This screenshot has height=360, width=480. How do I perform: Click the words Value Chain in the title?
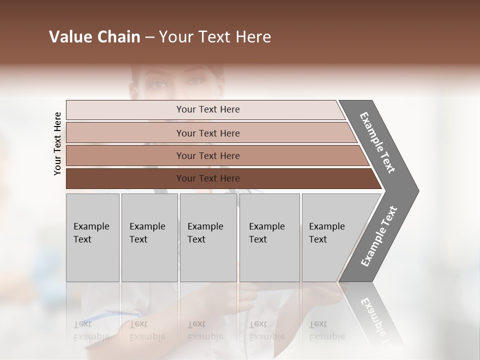94,37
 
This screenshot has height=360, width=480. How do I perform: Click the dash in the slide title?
149,37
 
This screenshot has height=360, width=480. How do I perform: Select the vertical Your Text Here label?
57,144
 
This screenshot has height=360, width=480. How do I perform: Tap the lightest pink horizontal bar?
205,110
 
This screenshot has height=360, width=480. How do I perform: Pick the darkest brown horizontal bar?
220,178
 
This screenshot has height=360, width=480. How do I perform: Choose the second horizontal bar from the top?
210,133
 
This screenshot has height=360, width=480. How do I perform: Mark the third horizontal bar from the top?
215,155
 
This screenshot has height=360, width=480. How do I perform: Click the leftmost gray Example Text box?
92,237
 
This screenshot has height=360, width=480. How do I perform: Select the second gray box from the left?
149,237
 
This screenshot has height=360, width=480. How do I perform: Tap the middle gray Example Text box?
208,237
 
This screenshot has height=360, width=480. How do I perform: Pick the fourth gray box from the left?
269,237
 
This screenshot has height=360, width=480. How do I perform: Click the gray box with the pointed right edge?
335,237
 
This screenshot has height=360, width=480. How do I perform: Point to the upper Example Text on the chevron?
377,142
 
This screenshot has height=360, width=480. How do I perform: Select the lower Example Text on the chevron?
379,236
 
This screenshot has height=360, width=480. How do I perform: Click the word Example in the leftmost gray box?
91,226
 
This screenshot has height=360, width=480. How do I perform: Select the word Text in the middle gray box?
196,239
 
